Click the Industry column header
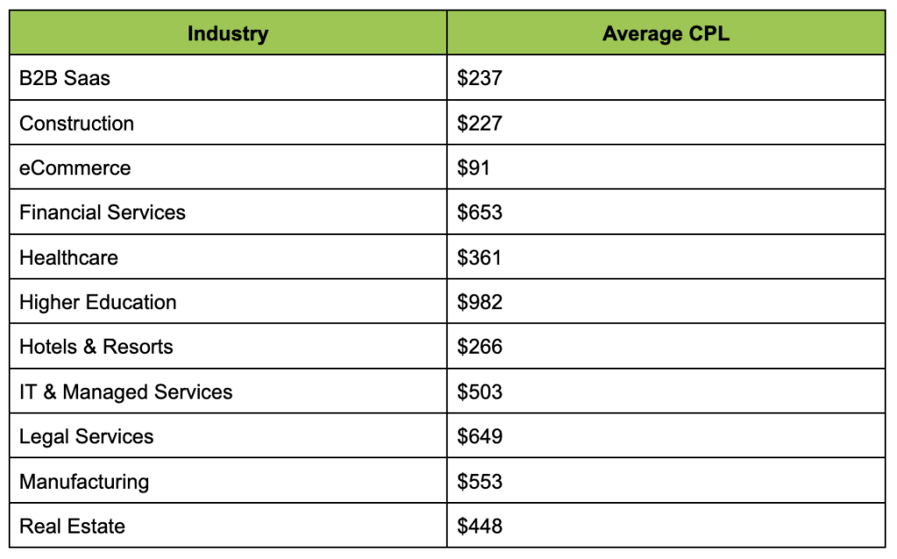(x=228, y=34)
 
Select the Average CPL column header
(x=666, y=34)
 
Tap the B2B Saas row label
(x=65, y=78)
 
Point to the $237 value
(x=479, y=78)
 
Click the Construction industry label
(x=77, y=123)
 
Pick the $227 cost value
(x=479, y=123)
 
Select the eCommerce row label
(x=75, y=167)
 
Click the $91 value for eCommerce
(x=473, y=167)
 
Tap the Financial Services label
(x=102, y=212)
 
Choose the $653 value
(x=479, y=212)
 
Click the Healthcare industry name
(x=68, y=258)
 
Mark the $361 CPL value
(x=479, y=258)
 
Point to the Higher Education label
(x=98, y=302)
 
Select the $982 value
(x=479, y=302)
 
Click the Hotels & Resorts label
(x=96, y=347)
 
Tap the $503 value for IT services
(x=479, y=392)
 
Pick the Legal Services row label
(x=87, y=436)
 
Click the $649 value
(x=479, y=436)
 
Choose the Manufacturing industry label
(x=84, y=482)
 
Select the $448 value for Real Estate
(x=479, y=527)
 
